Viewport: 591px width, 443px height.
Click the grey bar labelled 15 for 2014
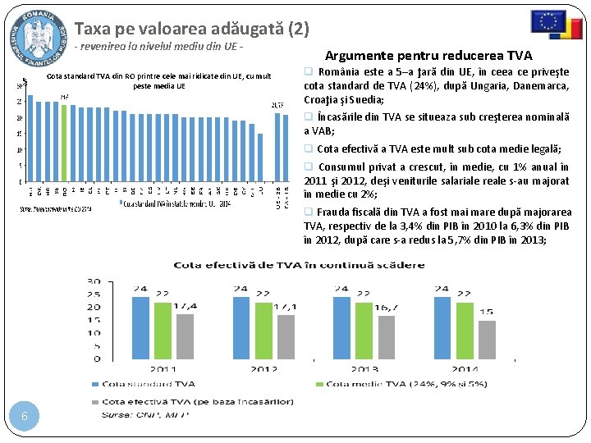click(x=487, y=339)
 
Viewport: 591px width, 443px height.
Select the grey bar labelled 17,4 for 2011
click(x=186, y=336)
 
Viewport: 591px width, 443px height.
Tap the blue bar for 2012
click(x=241, y=327)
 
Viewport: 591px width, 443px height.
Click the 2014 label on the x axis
click(x=465, y=368)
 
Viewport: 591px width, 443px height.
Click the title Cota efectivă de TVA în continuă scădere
click(x=299, y=264)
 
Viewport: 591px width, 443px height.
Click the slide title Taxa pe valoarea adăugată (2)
click(x=192, y=30)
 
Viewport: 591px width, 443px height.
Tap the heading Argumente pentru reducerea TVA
click(x=428, y=56)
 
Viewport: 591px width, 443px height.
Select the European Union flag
click(x=547, y=21)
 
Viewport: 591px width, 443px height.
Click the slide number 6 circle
click(x=25, y=416)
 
